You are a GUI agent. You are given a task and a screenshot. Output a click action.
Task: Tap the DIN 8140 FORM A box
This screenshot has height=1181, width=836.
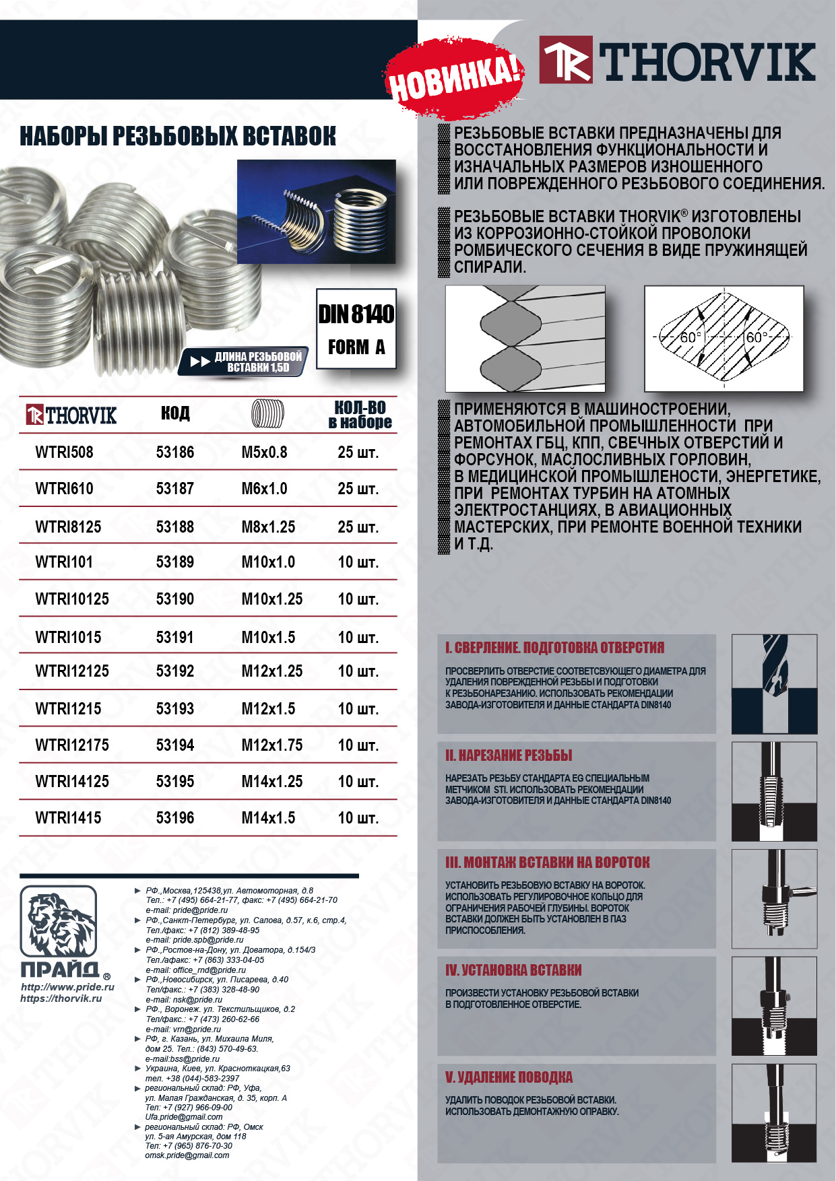pyautogui.click(x=356, y=329)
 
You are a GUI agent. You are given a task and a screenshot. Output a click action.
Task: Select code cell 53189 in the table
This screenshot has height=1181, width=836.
pyautogui.click(x=174, y=562)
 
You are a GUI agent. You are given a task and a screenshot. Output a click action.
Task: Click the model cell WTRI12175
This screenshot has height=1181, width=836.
pyautogui.click(x=72, y=745)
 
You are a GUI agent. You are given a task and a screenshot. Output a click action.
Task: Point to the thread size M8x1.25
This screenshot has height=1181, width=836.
pyautogui.click(x=268, y=527)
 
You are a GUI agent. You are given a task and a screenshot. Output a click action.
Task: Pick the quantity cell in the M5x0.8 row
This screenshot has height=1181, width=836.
pyautogui.click(x=358, y=452)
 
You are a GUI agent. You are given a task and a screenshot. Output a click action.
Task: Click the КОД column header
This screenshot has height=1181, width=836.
pyautogui.click(x=175, y=413)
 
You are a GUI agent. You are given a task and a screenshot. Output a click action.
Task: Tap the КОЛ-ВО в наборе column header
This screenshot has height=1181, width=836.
pyautogui.click(x=360, y=415)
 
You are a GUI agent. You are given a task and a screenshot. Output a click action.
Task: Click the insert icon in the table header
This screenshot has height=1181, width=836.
pyautogui.click(x=267, y=414)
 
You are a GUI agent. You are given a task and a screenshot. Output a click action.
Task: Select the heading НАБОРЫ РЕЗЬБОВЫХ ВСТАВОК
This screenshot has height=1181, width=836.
pyautogui.click(x=178, y=136)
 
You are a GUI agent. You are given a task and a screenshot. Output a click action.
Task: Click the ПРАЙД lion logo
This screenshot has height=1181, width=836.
pyautogui.click(x=58, y=921)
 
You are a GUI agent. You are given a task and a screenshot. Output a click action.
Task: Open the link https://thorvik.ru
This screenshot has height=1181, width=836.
pyautogui.click(x=61, y=998)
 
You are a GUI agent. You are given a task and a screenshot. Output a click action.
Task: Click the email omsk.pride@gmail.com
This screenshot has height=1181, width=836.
pyautogui.click(x=187, y=1155)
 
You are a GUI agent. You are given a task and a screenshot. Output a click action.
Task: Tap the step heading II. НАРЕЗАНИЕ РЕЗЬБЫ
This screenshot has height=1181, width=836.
pyautogui.click(x=509, y=755)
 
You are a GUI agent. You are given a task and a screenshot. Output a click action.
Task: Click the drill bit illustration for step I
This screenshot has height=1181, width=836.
pyautogui.click(x=774, y=683)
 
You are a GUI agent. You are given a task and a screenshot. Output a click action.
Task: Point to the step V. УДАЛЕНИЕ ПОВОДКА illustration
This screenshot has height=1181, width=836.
pyautogui.click(x=774, y=1113)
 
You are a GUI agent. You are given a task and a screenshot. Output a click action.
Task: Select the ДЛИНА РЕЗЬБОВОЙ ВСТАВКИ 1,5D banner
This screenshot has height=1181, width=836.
pyautogui.click(x=245, y=362)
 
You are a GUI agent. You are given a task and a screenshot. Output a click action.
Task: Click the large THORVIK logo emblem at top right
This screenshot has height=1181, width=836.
pyautogui.click(x=566, y=60)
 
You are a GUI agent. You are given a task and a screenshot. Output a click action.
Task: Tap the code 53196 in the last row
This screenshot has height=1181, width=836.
pyautogui.click(x=174, y=818)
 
